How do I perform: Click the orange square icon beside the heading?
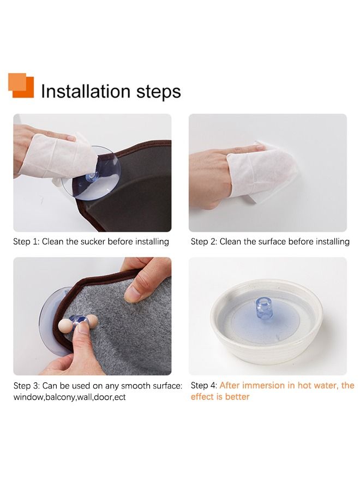point(21,85)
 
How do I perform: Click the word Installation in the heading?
point(86,91)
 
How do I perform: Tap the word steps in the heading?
point(158,92)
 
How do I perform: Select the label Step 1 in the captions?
point(26,242)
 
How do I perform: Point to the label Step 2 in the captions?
point(204,242)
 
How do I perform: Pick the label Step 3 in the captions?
point(26,386)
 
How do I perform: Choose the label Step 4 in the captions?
point(204,386)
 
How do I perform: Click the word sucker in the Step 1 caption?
point(93,242)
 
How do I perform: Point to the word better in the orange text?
point(237,397)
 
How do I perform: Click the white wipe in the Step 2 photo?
point(262,171)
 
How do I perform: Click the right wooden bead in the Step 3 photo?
point(92,321)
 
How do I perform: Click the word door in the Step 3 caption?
point(102,397)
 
